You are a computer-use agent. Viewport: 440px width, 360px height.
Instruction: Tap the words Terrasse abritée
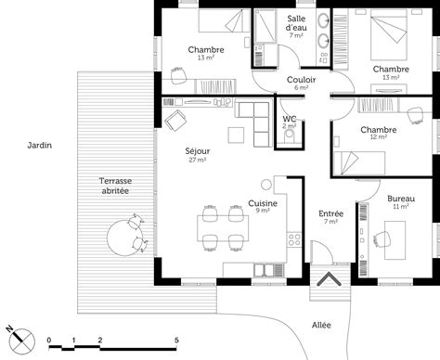[116, 184]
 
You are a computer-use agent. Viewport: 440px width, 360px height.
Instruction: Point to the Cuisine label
[261, 202]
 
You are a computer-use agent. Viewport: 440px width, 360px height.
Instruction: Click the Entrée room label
[331, 213]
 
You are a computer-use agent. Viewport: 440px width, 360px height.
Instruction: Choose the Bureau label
[401, 199]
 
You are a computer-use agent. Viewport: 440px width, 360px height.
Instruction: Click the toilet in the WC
[291, 136]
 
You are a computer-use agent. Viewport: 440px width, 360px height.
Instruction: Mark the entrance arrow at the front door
[328, 279]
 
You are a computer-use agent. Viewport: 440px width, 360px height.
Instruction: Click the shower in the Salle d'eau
[264, 28]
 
